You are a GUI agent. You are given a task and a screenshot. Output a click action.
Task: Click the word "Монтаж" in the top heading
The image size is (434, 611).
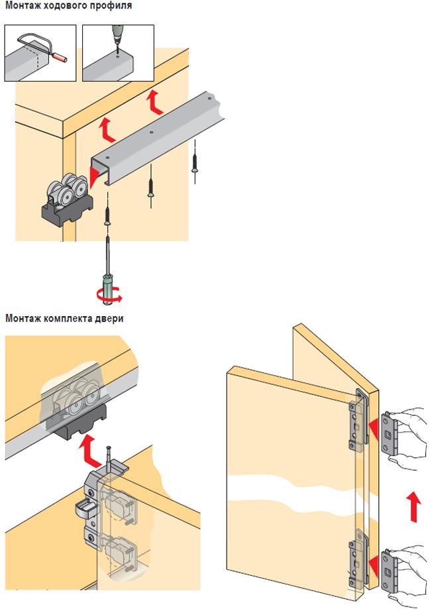point(22,6)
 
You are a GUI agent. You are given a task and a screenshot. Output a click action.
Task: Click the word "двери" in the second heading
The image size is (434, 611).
point(109,318)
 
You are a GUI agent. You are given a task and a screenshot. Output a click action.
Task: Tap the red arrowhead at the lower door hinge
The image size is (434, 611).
point(374,565)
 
